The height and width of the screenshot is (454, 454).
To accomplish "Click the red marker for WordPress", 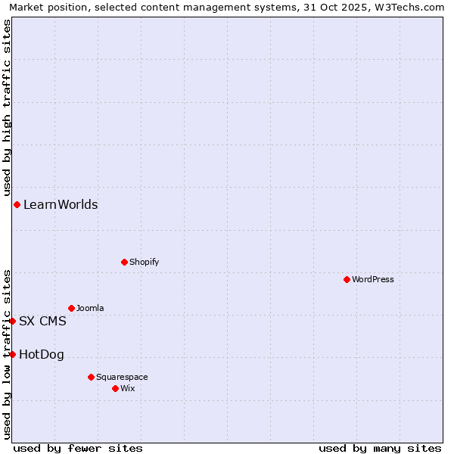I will [347, 279].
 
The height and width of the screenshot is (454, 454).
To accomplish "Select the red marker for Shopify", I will [124, 262].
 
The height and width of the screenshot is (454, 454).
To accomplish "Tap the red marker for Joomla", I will [71, 308].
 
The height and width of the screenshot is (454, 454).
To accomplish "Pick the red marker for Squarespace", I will [91, 377].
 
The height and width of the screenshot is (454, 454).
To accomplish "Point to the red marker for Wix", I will [115, 388].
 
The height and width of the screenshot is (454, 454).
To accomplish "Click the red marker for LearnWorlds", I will [17, 204].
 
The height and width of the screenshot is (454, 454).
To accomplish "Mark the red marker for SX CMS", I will [12, 321].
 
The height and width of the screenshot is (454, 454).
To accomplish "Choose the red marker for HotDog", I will [12, 354].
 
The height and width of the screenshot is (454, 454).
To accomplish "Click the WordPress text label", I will [373, 279].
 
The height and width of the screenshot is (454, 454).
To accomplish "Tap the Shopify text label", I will [144, 262].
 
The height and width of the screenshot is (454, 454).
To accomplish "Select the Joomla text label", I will [90, 308].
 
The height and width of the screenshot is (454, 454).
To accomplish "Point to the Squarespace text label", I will [122, 377].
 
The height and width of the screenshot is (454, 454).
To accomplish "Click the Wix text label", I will [127, 388].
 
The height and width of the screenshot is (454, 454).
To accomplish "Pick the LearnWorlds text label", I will [61, 204].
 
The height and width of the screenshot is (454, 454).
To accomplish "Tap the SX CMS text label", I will [42, 321].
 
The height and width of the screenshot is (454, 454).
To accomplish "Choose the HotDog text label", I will [42, 354].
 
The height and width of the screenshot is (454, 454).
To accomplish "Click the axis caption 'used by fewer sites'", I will [78, 448].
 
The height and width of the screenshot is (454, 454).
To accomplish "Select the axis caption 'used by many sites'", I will [380, 448].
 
